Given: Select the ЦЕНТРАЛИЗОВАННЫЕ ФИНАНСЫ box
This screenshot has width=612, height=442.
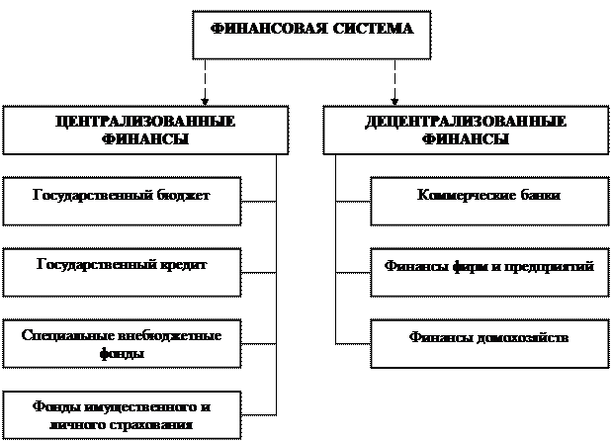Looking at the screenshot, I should pos(145,130).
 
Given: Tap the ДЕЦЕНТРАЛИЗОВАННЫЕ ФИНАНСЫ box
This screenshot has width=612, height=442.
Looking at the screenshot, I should pos(465,130).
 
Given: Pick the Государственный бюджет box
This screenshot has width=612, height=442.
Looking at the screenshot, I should pos(122,202).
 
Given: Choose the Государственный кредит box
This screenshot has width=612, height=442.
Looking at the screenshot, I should pos(122,272).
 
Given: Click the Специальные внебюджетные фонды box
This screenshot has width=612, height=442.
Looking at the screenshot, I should pos(122,344).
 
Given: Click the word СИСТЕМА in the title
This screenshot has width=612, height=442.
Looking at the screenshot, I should pos(367,29).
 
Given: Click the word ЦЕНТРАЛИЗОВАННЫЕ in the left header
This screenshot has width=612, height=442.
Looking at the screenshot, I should pos(145,122).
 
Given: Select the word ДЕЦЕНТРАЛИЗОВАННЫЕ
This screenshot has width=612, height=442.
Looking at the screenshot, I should pos(465,122).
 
